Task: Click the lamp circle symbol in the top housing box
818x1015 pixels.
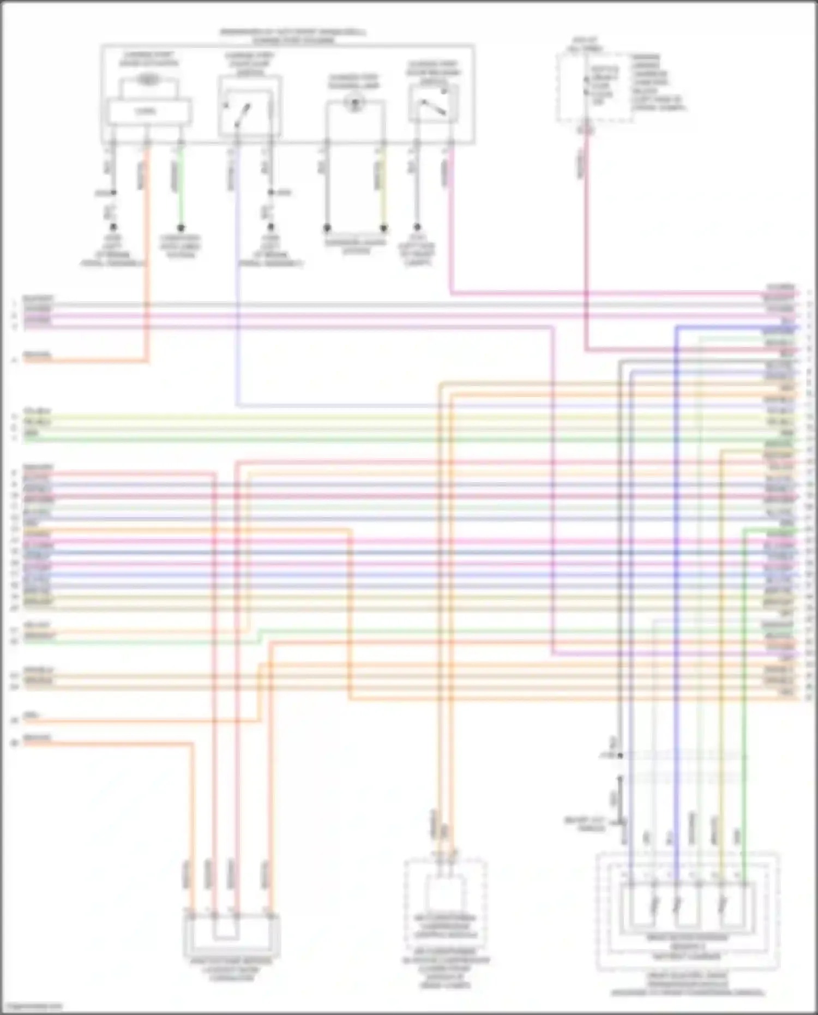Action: click(x=355, y=102)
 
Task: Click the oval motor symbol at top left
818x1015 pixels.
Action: click(x=147, y=80)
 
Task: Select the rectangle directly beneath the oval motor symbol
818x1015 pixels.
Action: click(x=148, y=111)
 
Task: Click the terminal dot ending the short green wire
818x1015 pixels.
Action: click(x=181, y=227)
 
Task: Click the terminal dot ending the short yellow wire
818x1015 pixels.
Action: click(x=383, y=227)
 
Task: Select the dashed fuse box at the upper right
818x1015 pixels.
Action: click(x=594, y=87)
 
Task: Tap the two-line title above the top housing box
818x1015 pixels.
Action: click(x=293, y=36)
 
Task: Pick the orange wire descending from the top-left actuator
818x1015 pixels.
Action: click(x=147, y=245)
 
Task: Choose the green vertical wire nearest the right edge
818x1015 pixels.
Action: click(x=744, y=682)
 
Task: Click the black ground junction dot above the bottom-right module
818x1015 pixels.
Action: click(x=620, y=755)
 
